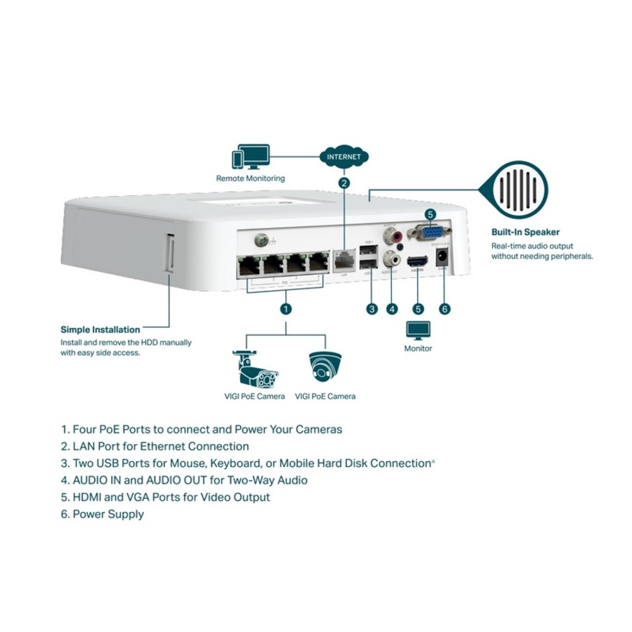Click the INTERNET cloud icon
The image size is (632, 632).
[x=343, y=156]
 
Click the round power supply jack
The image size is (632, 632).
[x=443, y=256]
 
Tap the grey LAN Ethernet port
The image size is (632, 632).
[x=343, y=258]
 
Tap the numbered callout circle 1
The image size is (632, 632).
[x=285, y=308]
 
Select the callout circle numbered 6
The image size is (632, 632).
[x=443, y=308]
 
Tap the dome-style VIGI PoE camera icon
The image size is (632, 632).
[x=325, y=366]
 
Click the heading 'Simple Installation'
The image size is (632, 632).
[x=100, y=329]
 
